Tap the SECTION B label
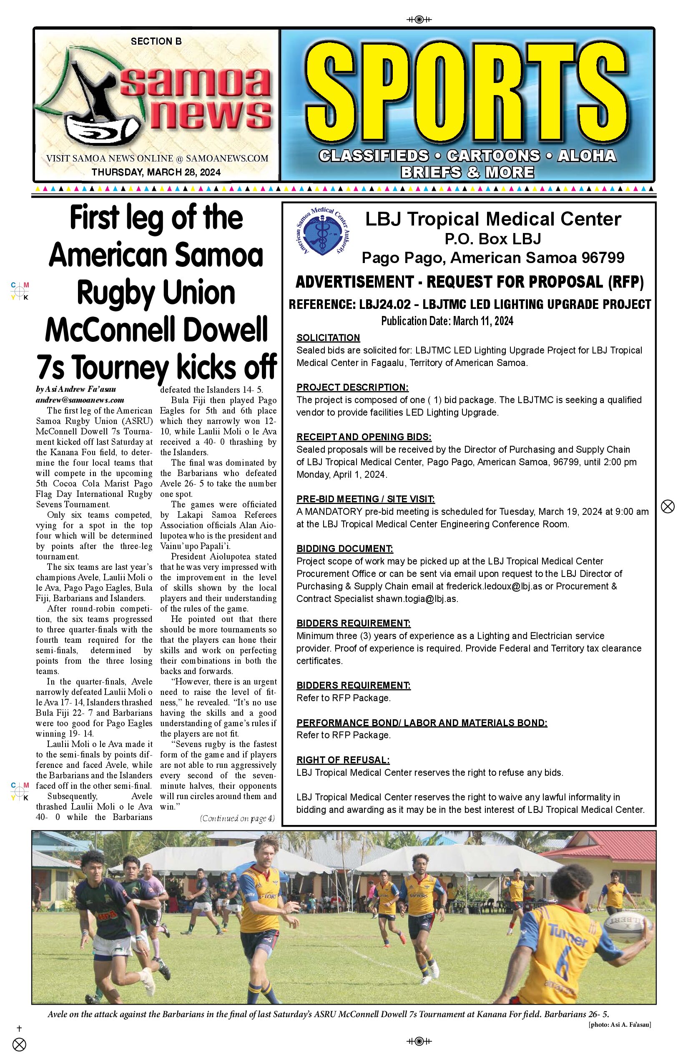(x=156, y=42)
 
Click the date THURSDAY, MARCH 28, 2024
(x=156, y=173)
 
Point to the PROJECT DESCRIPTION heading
(x=352, y=387)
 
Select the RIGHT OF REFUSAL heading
(x=343, y=760)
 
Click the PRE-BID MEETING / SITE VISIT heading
(x=365, y=499)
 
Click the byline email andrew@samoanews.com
(x=80, y=400)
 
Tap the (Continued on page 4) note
(x=237, y=819)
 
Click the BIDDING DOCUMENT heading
(x=344, y=549)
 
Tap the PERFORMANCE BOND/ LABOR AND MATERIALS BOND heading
(x=421, y=723)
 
